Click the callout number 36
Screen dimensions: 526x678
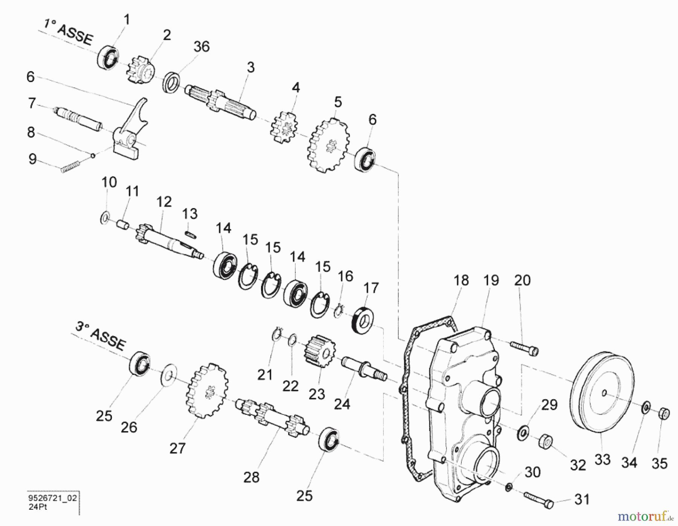click(202, 47)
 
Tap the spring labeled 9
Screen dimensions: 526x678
click(70, 167)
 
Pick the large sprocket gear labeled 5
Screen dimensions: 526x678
click(329, 145)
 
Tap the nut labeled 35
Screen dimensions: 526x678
click(664, 413)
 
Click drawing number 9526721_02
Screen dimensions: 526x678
click(52, 498)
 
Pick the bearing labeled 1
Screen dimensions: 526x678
click(108, 58)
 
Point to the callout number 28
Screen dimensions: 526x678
click(251, 477)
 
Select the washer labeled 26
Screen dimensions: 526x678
click(168, 375)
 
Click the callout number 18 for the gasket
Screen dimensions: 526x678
click(461, 280)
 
